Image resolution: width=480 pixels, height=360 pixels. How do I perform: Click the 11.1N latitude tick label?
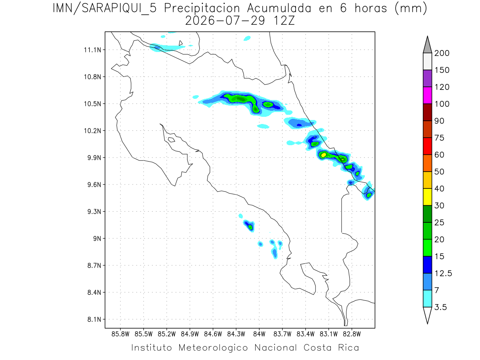click(93, 50)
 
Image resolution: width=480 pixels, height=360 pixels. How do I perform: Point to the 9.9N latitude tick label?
click(94, 158)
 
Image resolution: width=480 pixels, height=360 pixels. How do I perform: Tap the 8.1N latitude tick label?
click(94, 320)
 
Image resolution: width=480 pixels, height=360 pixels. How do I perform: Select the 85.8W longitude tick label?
click(120, 334)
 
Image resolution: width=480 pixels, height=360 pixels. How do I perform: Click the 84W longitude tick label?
click(259, 334)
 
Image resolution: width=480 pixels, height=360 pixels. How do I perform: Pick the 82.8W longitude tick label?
click(352, 334)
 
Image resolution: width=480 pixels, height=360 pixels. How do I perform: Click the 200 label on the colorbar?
click(442, 53)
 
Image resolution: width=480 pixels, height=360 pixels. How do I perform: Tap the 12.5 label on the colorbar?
click(443, 274)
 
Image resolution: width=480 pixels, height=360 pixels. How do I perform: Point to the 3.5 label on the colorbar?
click(440, 307)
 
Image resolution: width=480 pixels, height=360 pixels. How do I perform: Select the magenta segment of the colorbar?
click(428, 95)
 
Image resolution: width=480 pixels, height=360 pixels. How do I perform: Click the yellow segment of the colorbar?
click(428, 197)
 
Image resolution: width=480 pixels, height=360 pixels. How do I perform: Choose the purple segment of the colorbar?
click(428, 78)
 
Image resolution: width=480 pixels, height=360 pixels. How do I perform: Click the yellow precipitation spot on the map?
click(324, 155)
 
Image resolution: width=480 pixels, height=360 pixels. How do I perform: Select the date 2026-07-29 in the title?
click(225, 21)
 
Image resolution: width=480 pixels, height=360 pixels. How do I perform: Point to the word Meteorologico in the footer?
click(213, 348)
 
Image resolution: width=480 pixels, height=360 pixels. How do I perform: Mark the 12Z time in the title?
click(284, 21)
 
